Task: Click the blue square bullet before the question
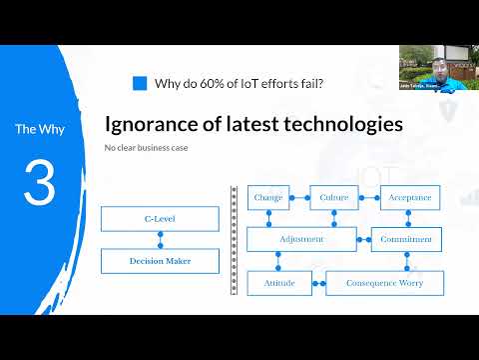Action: point(140,84)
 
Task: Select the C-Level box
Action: point(160,219)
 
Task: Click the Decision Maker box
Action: point(160,261)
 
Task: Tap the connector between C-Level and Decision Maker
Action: point(160,240)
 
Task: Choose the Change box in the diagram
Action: point(268,198)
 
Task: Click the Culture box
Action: point(333,198)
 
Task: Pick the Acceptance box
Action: point(409,198)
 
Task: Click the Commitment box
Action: point(406,240)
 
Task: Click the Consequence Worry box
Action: point(384,283)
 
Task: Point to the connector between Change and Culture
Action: point(299,198)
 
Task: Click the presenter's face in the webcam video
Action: point(435,69)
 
